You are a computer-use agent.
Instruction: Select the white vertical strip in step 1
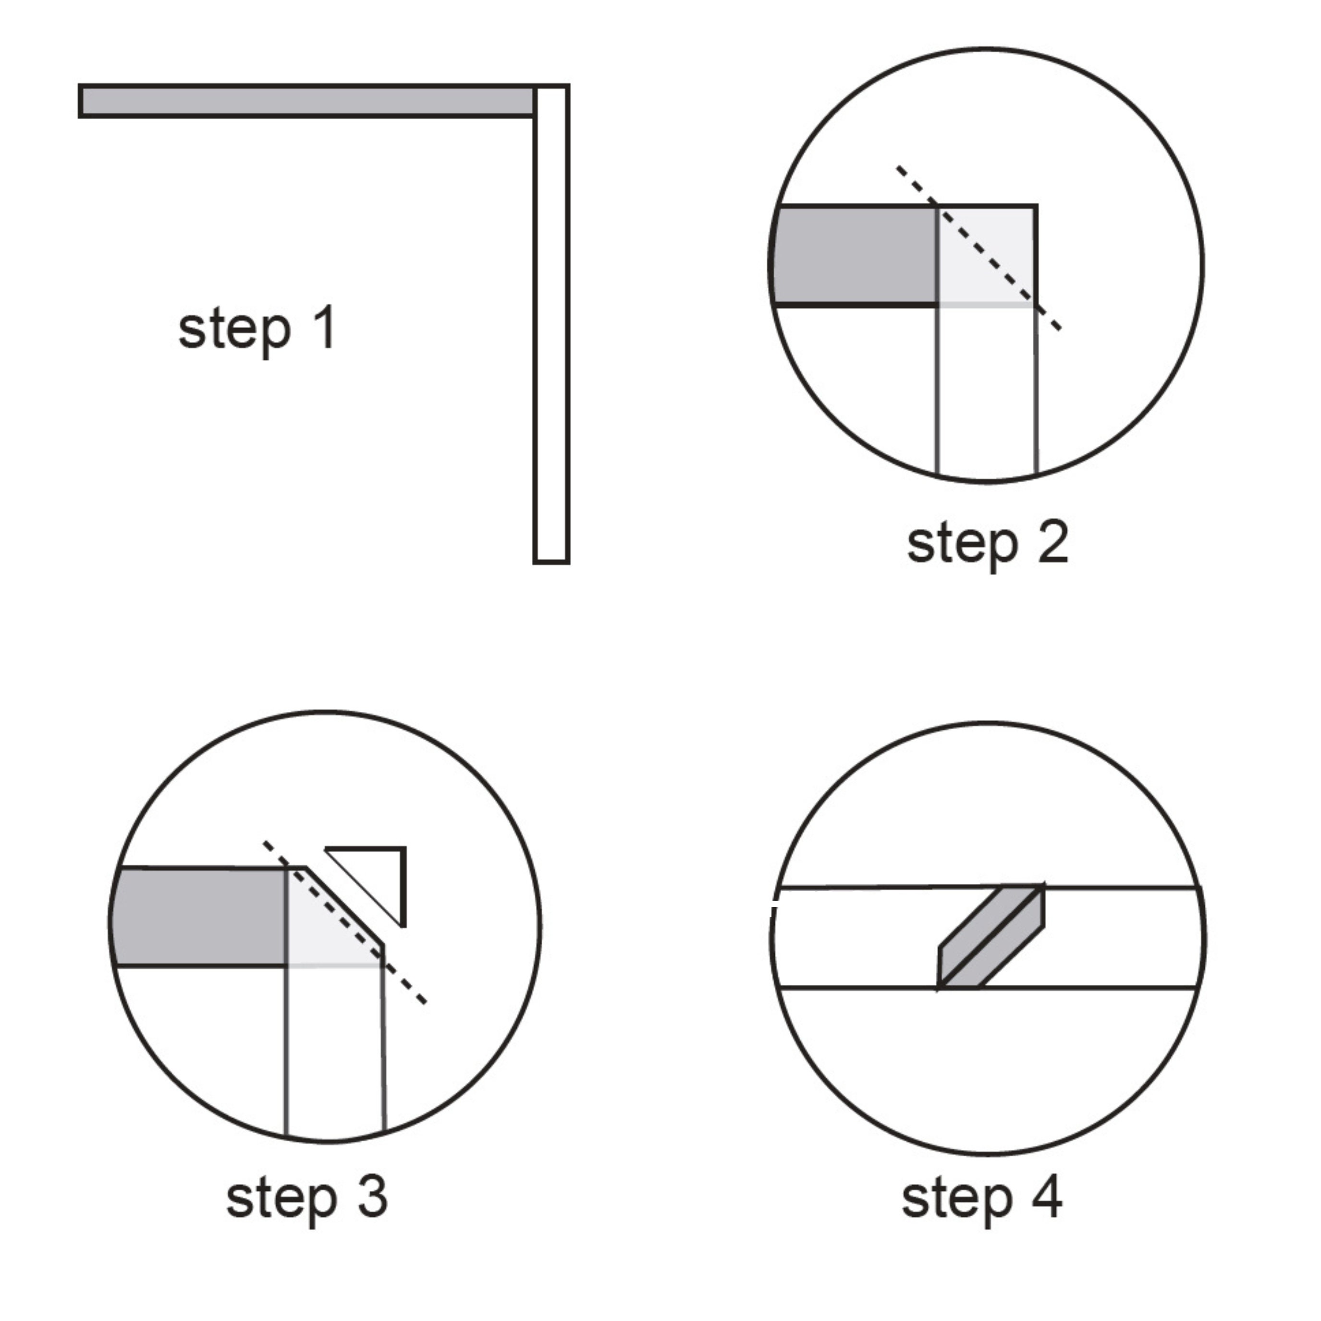click(551, 324)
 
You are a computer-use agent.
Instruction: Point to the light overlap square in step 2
click(987, 255)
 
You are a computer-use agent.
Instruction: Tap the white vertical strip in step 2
click(987, 390)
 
